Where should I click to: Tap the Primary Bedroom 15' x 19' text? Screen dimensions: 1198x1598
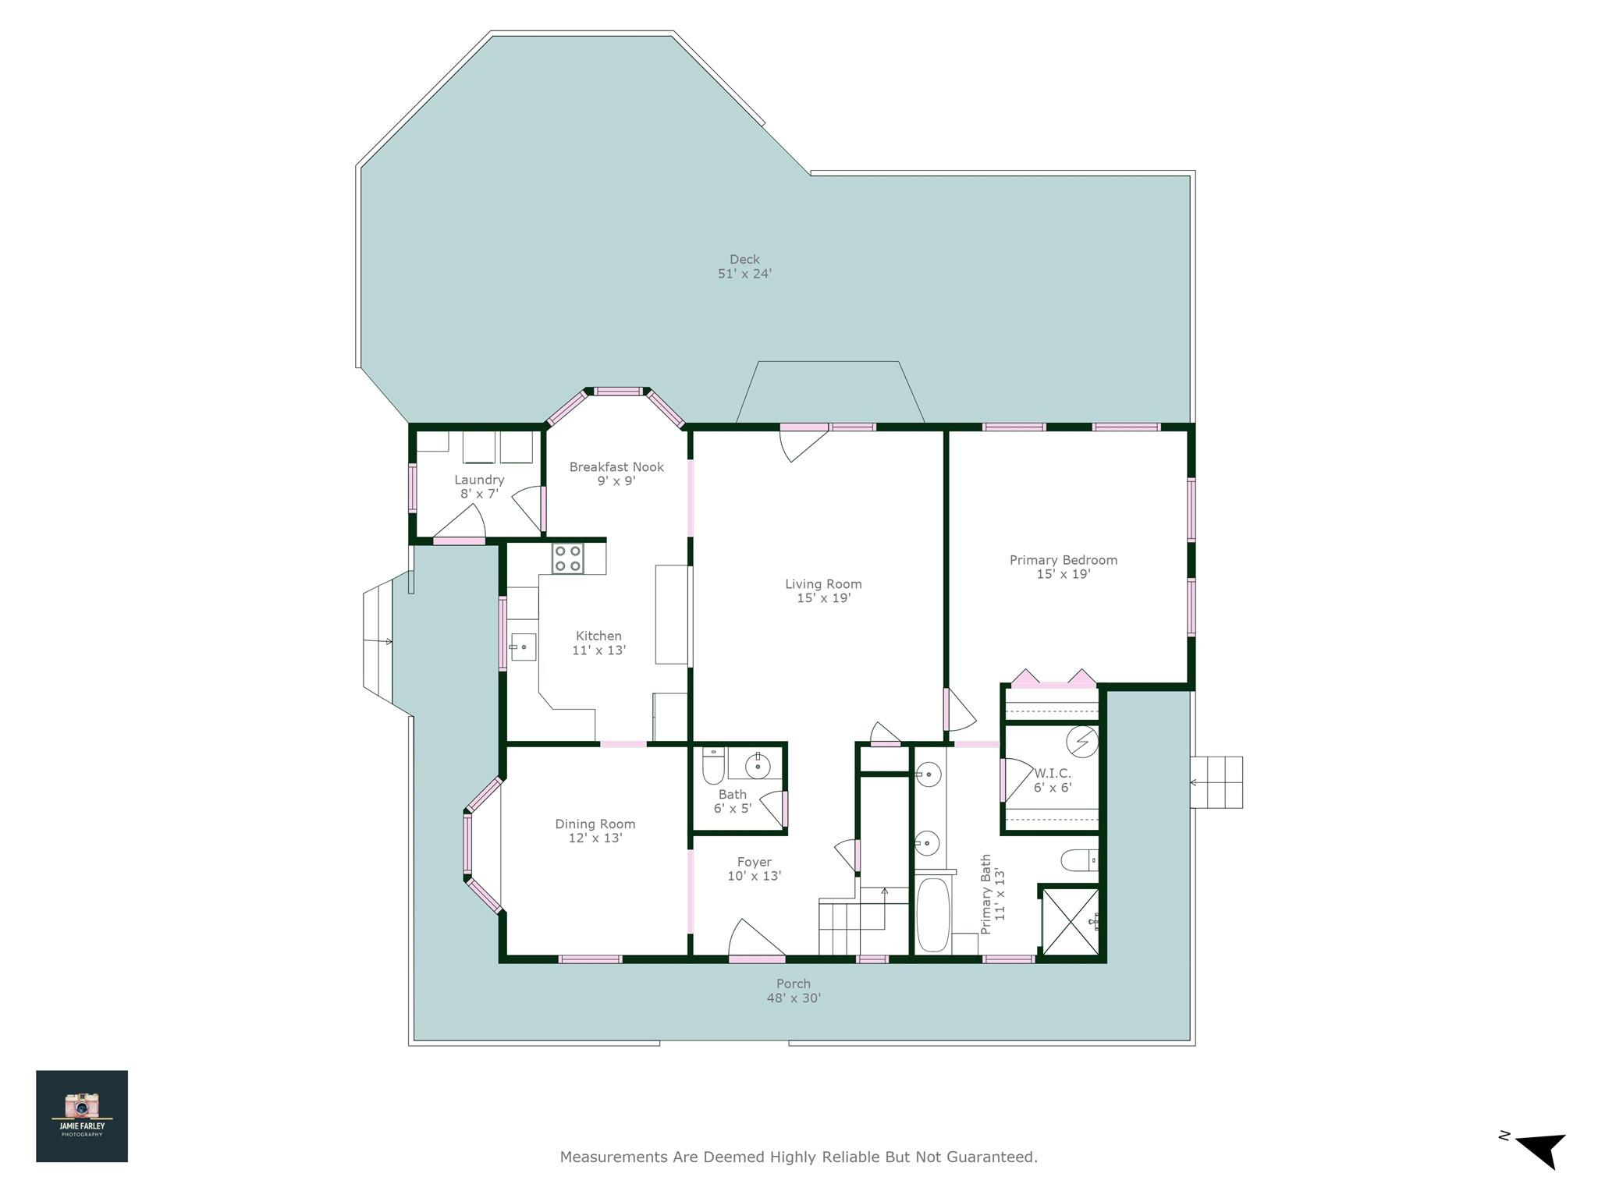(x=1063, y=567)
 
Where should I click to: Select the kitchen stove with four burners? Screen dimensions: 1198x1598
(x=567, y=558)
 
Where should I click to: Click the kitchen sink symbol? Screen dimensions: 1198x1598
(x=523, y=647)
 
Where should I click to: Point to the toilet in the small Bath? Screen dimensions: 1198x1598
(x=713, y=767)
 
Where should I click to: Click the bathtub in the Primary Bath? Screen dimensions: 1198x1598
(x=932, y=915)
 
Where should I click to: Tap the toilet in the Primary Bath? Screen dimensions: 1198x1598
(x=1078, y=860)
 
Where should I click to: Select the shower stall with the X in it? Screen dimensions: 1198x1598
(x=1070, y=922)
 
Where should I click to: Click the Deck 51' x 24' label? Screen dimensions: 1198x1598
(x=744, y=267)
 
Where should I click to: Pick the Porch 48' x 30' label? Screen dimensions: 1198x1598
(x=794, y=991)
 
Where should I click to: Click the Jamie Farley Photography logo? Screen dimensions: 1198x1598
(x=82, y=1115)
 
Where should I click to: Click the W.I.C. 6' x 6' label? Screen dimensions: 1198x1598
(x=1053, y=780)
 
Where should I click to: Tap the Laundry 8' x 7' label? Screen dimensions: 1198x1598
(x=479, y=487)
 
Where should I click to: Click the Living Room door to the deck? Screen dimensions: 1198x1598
(x=803, y=443)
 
